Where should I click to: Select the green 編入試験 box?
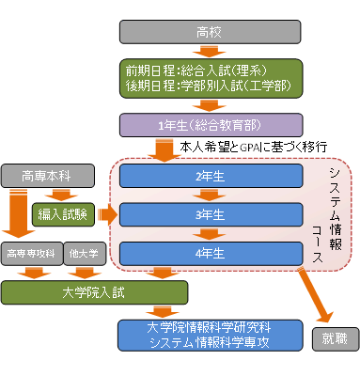pos(62,214)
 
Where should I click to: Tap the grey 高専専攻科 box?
pos(31,253)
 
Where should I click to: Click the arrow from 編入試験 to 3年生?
pos(105,215)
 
